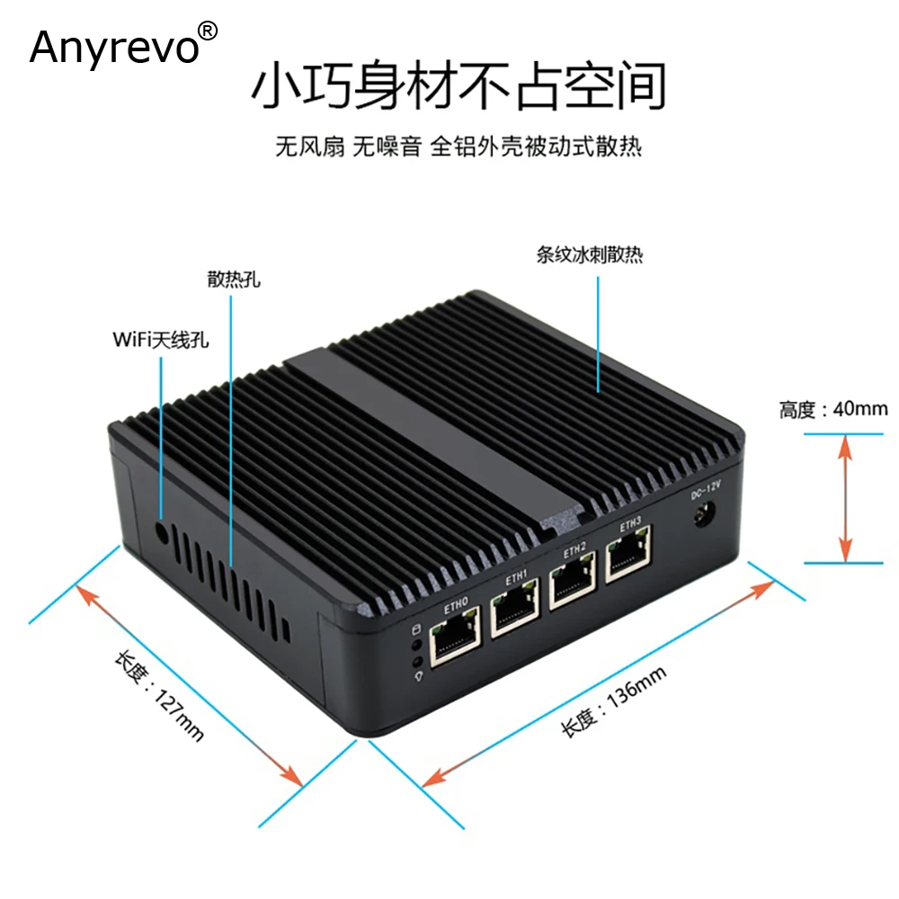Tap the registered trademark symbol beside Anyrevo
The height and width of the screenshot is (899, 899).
click(x=207, y=31)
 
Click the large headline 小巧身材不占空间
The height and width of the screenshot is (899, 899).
click(x=458, y=88)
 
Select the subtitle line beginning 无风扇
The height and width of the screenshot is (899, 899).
click(x=458, y=146)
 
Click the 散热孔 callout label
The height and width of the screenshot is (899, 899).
click(x=232, y=280)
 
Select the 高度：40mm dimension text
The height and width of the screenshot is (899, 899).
click(x=832, y=411)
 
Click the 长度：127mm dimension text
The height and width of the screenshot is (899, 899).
click(x=158, y=696)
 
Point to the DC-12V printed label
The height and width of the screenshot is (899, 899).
click(x=706, y=493)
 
